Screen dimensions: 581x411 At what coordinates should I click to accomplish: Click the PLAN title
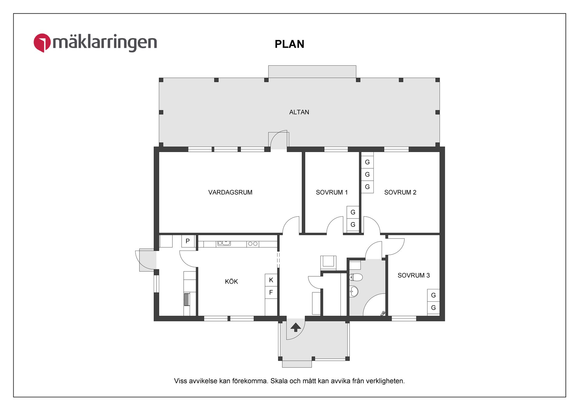pos(289,44)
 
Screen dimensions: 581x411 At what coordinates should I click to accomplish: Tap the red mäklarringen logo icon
pos(42,43)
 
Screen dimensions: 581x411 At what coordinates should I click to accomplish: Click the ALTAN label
pos(299,112)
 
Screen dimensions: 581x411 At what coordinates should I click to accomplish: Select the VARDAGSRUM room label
pos(230,192)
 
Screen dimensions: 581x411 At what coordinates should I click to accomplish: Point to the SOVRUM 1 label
pos(332,192)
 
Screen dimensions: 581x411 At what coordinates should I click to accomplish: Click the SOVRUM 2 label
pos(400,192)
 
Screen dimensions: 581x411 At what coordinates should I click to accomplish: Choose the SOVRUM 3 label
pos(414,275)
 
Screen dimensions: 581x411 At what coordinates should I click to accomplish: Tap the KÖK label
pos(231,281)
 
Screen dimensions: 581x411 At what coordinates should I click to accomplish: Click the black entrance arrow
pos(296,327)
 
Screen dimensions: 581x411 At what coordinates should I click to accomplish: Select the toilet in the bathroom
pos(356,277)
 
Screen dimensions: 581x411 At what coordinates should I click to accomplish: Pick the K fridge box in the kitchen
pos(271,280)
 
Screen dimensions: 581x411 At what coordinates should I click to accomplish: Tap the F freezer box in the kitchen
pos(271,292)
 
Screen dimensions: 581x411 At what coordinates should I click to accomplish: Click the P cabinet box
pos(188,241)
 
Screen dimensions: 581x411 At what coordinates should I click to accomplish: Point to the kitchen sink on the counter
pos(224,243)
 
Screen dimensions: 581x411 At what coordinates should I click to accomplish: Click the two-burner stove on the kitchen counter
pos(253,244)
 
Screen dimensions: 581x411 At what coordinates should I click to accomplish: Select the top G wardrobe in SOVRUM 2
pos(367,162)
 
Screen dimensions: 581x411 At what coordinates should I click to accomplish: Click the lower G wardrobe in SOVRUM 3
pos(433,308)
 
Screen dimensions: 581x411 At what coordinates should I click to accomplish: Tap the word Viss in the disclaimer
pos(180,381)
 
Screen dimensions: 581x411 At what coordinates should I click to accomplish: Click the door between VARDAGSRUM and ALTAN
pos(279,140)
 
